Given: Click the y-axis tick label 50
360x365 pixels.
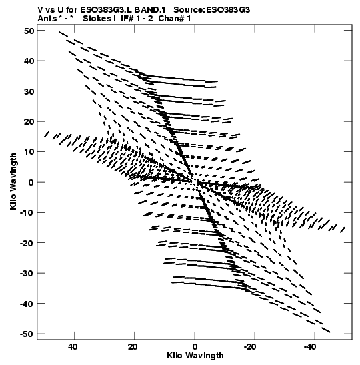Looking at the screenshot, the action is tap(29, 31).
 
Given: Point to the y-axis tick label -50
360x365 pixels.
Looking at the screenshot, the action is tap(27, 334).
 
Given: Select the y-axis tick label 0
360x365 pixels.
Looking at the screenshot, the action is tap(31, 182).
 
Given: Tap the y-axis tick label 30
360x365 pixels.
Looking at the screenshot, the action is tap(29, 91).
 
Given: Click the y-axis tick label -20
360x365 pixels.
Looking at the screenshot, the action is tap(27, 243).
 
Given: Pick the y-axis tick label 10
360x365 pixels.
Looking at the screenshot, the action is tap(29, 151).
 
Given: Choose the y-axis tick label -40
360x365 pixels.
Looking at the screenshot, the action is tap(27, 304).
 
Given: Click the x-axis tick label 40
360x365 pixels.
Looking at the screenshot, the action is tap(73, 347).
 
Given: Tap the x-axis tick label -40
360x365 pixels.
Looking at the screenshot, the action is tap(310, 347).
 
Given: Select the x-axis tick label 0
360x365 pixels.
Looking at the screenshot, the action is tap(195, 347).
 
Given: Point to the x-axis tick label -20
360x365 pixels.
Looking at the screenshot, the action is tap(250, 347).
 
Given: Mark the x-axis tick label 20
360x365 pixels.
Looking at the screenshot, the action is tap(133, 347).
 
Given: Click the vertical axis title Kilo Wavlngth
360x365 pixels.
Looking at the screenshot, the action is tap(13, 181).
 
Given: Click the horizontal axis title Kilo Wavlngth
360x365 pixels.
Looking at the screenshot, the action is tap(195, 356).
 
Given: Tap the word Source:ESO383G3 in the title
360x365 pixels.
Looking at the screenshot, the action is tap(211, 10).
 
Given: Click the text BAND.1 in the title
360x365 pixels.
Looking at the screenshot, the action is tap(150, 10).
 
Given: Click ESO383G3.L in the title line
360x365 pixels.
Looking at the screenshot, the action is tap(106, 10).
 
